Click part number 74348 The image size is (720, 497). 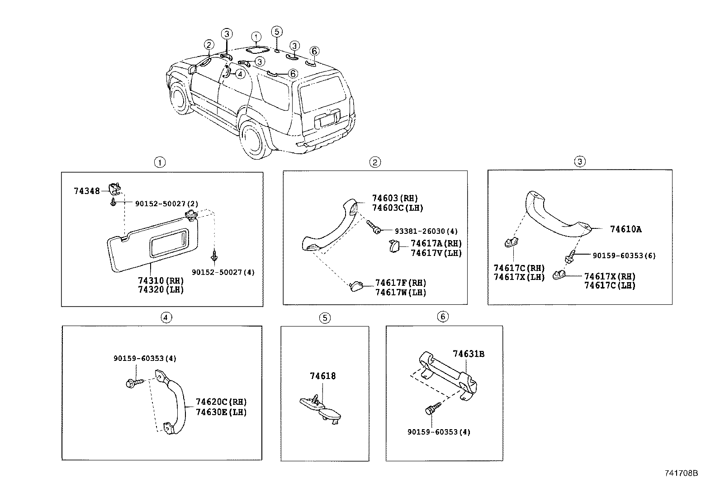[x=86, y=191]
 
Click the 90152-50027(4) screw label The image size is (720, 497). [x=223, y=272]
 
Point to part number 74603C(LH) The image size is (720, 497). [x=397, y=208]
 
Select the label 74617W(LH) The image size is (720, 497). [x=400, y=293]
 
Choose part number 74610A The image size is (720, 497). [x=625, y=229]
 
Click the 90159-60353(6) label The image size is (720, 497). [x=624, y=256]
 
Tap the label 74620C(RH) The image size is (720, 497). [x=221, y=402]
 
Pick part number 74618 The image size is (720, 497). [x=322, y=376]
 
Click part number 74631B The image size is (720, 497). [x=469, y=354]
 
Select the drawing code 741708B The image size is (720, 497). [x=681, y=473]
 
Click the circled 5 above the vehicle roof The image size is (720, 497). [x=277, y=32]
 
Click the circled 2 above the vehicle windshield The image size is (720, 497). [x=208, y=45]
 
